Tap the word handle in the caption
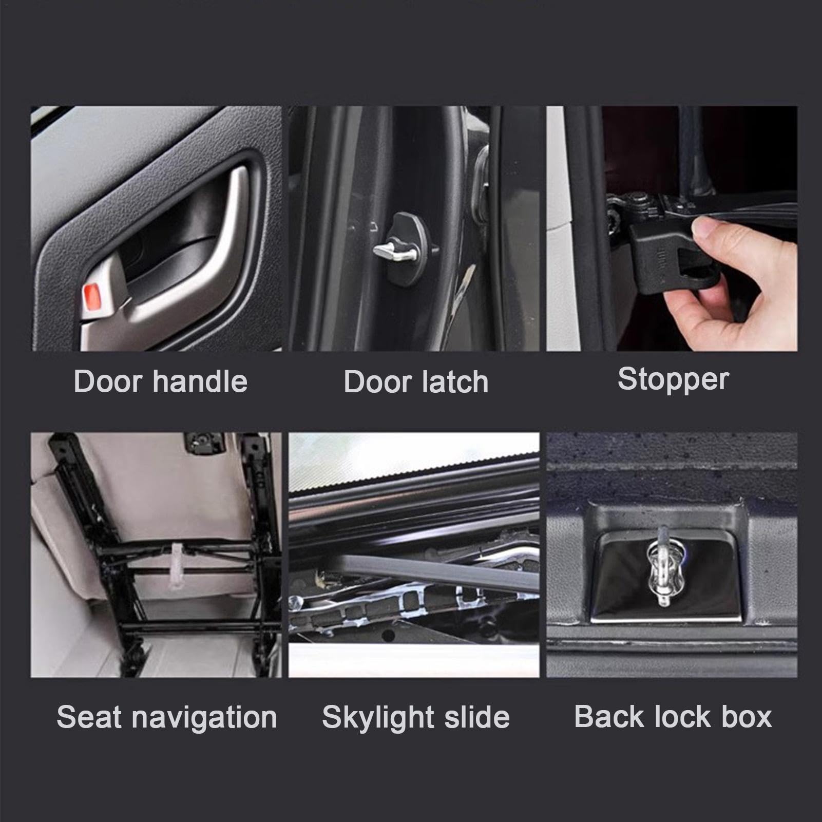[x=200, y=381]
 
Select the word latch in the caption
[x=454, y=382]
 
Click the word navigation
[x=204, y=718]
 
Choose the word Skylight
[x=378, y=718]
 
